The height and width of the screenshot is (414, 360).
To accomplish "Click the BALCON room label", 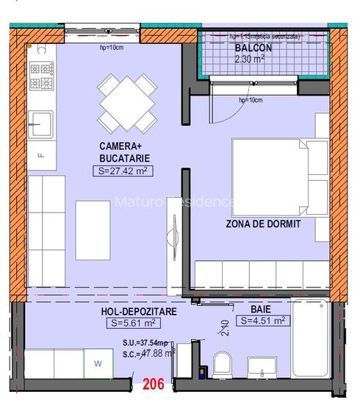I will point(253,48).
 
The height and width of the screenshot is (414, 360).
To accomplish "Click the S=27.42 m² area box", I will point(123,171).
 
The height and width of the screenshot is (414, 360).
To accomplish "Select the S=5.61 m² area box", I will point(133,324).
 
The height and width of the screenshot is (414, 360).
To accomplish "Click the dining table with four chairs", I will point(126,104).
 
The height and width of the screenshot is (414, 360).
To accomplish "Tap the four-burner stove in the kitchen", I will point(40,75).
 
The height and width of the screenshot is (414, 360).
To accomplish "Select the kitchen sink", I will point(40,124).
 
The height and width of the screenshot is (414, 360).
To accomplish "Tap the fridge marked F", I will point(40,155).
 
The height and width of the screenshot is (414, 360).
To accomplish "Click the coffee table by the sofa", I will point(93,230).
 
